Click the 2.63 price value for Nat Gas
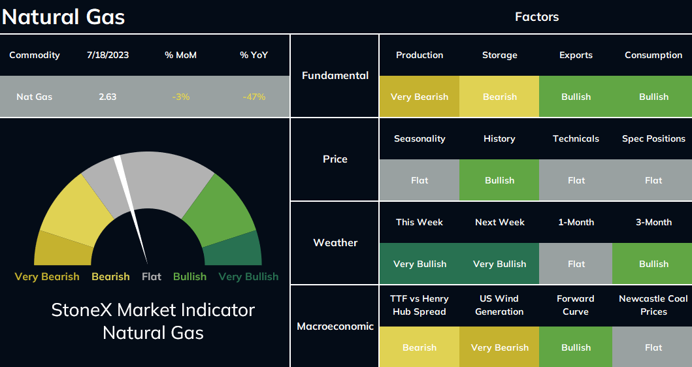(108, 97)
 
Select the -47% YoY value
(254, 97)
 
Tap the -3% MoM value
(181, 97)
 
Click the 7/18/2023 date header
(108, 55)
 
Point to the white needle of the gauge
(131, 210)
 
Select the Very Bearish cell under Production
(420, 97)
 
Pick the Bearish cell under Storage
(499, 97)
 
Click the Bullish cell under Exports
(576, 97)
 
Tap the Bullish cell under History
(499, 180)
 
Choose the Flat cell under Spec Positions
(653, 180)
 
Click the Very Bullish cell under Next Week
(499, 264)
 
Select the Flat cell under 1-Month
(576, 264)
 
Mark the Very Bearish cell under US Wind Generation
(499, 347)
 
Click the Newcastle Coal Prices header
(653, 305)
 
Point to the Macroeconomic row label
(335, 327)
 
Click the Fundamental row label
(335, 76)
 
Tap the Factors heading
(536, 17)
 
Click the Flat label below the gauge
(152, 277)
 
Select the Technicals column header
(576, 138)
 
